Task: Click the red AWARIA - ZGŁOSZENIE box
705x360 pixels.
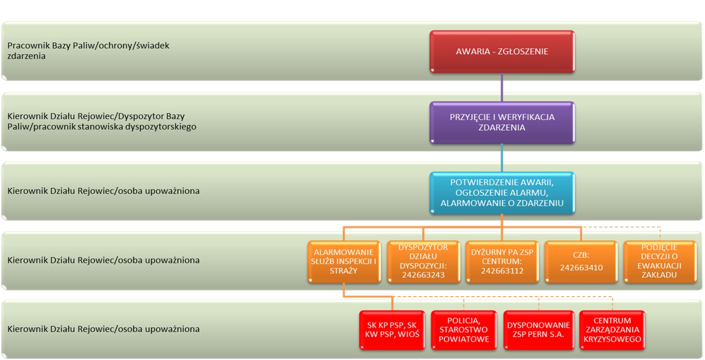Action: (x=502, y=51)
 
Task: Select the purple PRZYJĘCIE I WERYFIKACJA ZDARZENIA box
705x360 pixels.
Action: (x=502, y=122)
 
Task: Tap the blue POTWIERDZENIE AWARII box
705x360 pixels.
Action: (x=502, y=192)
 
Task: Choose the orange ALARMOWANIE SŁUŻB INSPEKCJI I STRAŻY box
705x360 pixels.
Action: (x=344, y=261)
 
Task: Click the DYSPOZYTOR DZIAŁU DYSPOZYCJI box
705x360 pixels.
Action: (x=423, y=261)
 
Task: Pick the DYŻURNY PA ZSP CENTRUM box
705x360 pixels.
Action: (x=502, y=261)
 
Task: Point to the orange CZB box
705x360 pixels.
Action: (x=581, y=261)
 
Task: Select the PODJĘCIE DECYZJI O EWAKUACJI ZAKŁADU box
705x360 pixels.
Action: (x=659, y=261)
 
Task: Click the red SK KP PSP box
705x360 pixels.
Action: (x=392, y=330)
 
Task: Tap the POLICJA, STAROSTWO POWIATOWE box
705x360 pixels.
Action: (x=464, y=330)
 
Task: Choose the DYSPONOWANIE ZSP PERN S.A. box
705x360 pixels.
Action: (x=538, y=330)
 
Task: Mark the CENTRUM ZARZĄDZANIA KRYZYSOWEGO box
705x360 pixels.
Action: (x=612, y=330)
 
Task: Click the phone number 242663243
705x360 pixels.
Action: (x=423, y=275)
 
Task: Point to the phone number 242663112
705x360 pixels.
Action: (x=502, y=271)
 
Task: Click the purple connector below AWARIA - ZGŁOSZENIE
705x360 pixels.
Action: (x=502, y=87)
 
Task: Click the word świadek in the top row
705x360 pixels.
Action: (x=152, y=45)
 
